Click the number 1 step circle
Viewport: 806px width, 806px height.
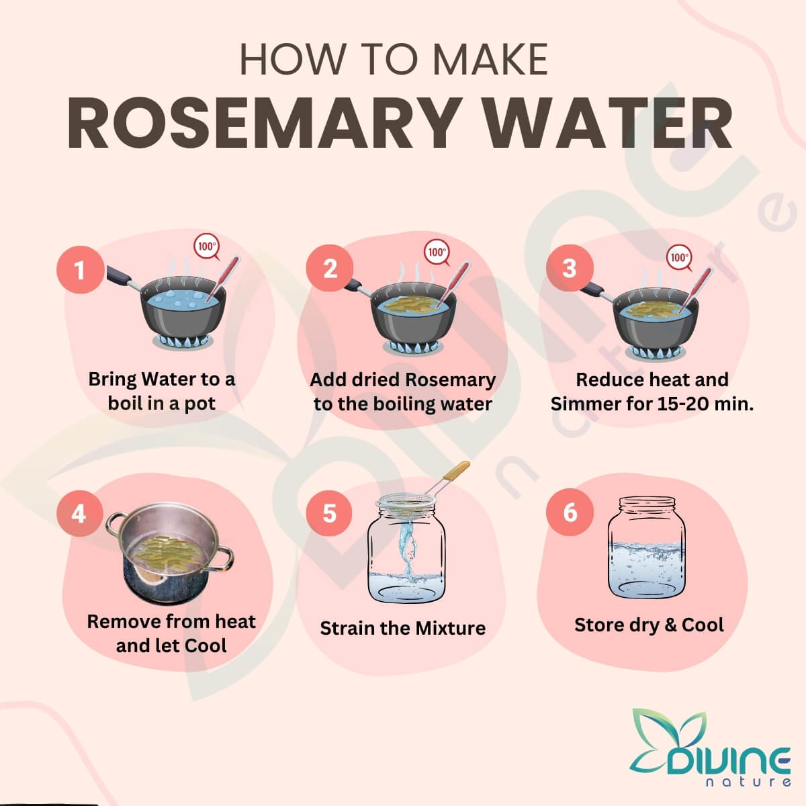[81, 269]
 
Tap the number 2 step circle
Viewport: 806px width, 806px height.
[330, 268]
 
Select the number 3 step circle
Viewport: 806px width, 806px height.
[570, 268]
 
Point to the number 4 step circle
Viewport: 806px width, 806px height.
[80, 513]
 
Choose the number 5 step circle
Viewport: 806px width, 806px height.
[329, 512]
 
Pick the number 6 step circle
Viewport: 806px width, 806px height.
[570, 512]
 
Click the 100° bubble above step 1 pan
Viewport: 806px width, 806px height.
[207, 247]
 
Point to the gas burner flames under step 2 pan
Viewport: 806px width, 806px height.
[413, 347]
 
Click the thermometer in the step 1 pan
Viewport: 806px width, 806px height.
[222, 278]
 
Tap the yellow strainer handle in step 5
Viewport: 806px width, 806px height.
[457, 471]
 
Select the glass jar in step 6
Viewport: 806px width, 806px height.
[647, 547]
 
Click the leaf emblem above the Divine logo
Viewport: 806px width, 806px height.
[669, 731]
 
